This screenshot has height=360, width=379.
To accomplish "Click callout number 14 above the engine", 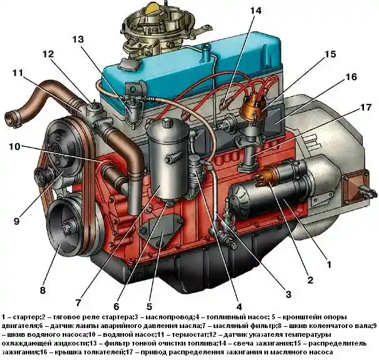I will [256, 11].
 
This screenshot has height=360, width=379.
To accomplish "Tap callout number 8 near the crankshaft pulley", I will [43, 290].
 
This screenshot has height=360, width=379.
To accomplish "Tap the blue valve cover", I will [188, 69].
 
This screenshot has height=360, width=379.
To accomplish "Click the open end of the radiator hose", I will [11, 116].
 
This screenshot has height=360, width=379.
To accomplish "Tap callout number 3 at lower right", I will [288, 294].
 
